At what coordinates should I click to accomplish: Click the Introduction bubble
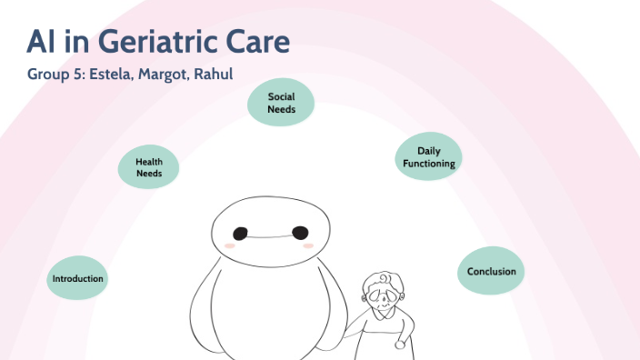(78, 278)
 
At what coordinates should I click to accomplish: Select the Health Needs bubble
(149, 167)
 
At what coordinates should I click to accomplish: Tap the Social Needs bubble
(281, 103)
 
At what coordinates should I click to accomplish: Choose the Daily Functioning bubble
(429, 157)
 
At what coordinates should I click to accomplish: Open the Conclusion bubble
(491, 271)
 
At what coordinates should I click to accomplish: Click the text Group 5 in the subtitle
(55, 75)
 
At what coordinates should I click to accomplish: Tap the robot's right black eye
(300, 234)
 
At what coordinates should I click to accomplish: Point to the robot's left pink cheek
(231, 245)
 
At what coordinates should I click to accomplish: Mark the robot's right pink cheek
(308, 245)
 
